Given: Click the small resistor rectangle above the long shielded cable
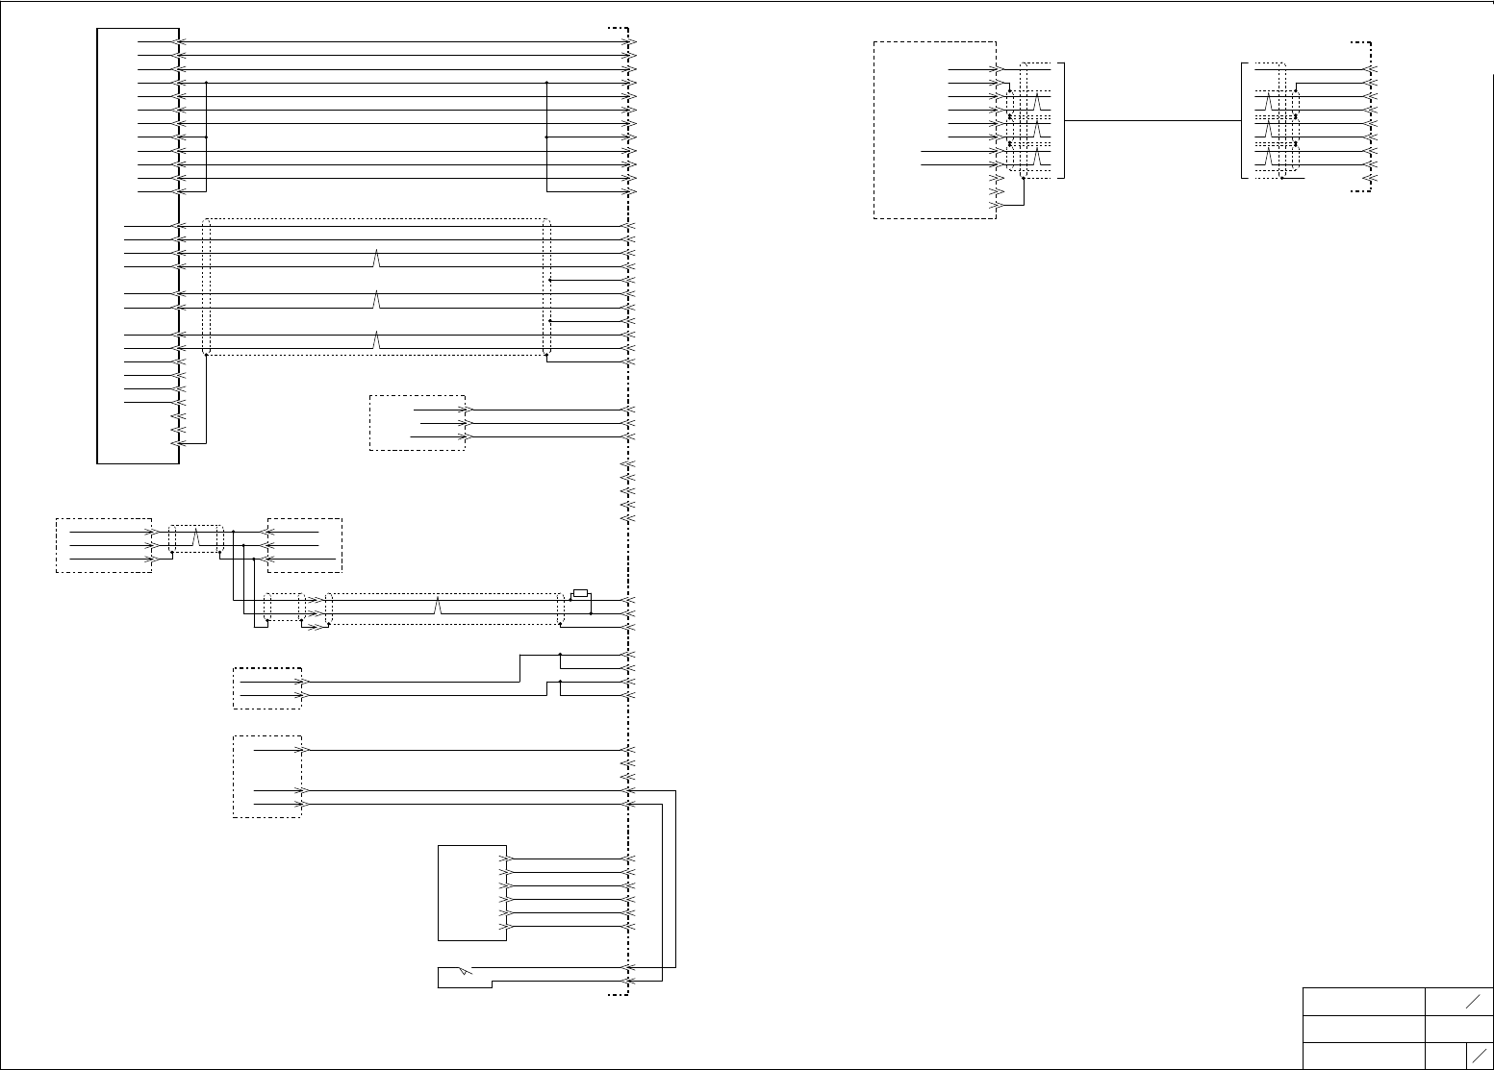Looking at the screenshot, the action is (x=580, y=593).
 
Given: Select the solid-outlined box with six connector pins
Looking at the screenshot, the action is (x=471, y=893).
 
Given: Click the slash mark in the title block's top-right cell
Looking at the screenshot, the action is (x=1473, y=1002).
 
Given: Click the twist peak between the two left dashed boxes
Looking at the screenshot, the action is (x=196, y=537).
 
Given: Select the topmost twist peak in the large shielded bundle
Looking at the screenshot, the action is (x=377, y=259).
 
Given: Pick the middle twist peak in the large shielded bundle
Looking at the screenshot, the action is (x=377, y=300).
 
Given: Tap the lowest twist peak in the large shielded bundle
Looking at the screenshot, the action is (x=377, y=340).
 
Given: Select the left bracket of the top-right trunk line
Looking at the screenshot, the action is (x=1063, y=121).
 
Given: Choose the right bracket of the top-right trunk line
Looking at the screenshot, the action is (x=1243, y=121).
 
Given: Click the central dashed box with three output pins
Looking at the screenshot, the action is (x=417, y=423).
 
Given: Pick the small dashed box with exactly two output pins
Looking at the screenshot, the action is (x=267, y=688).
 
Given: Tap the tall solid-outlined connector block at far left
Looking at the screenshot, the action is (x=138, y=246).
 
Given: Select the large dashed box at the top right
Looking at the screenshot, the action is (x=934, y=130).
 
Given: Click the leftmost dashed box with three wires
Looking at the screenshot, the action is (x=103, y=545).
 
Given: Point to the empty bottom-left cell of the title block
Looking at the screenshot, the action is (x=1363, y=1054).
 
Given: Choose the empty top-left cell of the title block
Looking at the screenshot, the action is (x=1363, y=1002).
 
